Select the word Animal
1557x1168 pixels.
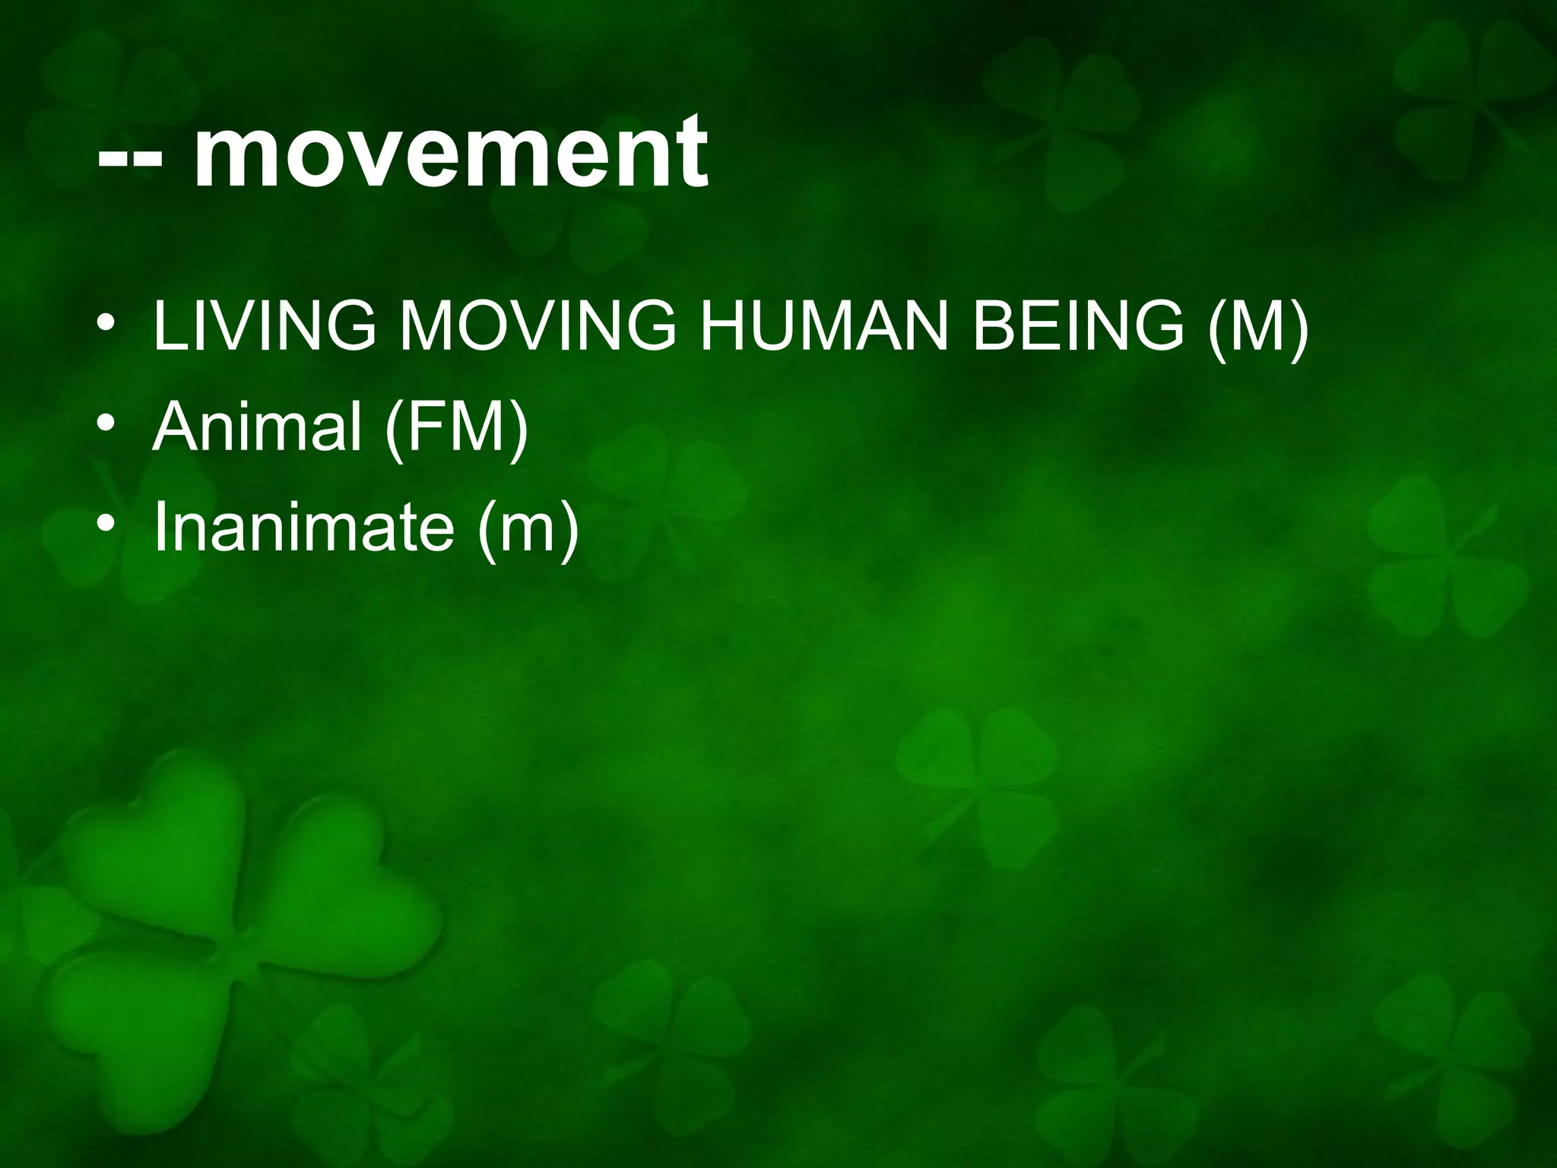coord(256,427)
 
